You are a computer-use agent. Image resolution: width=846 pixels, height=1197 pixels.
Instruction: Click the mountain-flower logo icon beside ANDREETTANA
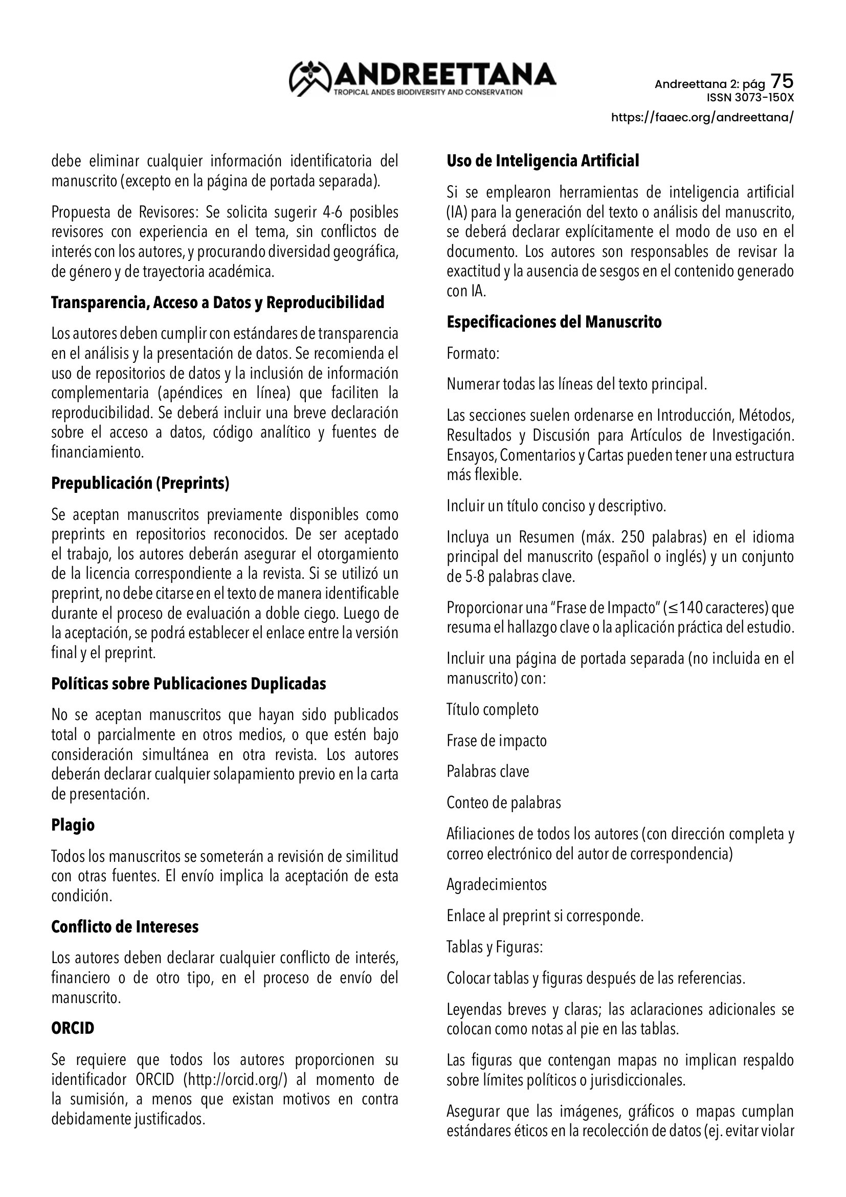[310, 79]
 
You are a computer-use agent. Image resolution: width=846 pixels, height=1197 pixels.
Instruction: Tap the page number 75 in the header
[782, 81]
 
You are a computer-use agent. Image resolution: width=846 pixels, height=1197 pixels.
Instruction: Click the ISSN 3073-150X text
[750, 98]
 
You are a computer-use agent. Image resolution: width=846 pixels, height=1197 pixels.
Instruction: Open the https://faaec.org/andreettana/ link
[702, 117]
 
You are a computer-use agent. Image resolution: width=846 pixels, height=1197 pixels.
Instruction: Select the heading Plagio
[73, 825]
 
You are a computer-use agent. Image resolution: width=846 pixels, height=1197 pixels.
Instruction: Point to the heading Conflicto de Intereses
[125, 927]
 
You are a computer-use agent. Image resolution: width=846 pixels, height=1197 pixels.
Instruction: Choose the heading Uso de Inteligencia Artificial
[543, 161]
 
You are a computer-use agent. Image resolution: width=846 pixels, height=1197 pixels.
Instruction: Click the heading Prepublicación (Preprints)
[140, 483]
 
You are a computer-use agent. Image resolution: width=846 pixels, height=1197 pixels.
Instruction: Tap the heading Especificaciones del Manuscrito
[554, 322]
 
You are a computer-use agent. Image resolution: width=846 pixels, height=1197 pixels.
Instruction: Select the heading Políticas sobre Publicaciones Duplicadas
[189, 684]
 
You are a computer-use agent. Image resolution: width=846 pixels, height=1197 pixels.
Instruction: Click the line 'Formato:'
[473, 354]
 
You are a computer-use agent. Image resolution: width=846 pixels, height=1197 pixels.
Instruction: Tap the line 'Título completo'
[492, 709]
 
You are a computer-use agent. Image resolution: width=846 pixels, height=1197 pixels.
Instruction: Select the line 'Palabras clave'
[487, 772]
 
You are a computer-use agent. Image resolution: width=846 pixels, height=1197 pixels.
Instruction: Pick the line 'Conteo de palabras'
[504, 802]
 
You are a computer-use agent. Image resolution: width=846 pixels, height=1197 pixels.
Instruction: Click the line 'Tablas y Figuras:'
[495, 947]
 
